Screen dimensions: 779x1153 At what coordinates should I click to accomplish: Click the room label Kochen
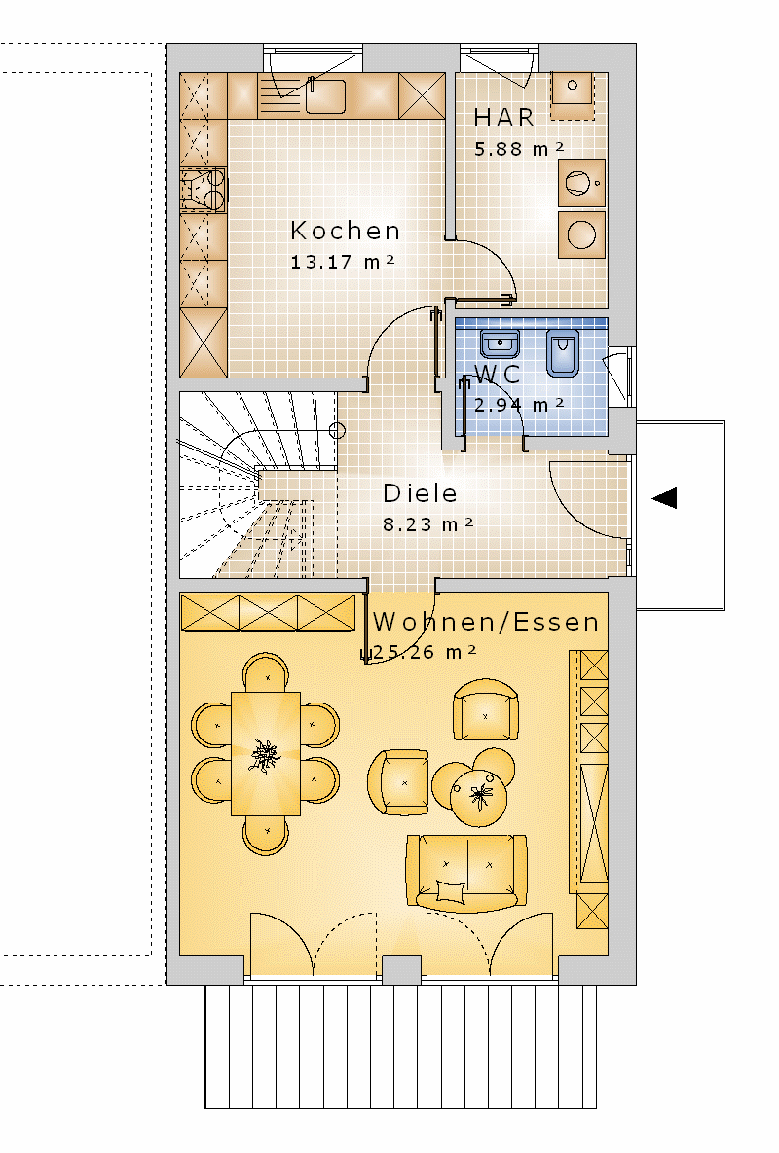(x=345, y=231)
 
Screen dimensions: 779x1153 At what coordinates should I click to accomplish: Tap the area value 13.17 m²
(x=343, y=262)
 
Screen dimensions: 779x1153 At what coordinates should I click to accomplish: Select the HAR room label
(x=503, y=118)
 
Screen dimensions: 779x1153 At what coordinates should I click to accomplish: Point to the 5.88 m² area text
(x=519, y=149)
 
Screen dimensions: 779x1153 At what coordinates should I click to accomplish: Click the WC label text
(x=498, y=375)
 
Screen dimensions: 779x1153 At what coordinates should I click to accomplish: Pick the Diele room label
(x=420, y=492)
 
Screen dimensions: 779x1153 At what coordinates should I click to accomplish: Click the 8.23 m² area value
(x=428, y=524)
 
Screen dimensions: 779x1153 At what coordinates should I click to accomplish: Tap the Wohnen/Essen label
(x=486, y=622)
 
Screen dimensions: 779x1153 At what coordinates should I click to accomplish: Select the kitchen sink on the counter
(x=326, y=95)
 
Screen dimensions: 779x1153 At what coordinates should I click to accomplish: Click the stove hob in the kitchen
(x=204, y=191)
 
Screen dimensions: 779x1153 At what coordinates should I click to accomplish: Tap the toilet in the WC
(x=563, y=352)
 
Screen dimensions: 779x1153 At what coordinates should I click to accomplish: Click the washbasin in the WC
(x=501, y=342)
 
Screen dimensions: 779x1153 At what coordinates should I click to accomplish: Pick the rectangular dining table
(x=266, y=754)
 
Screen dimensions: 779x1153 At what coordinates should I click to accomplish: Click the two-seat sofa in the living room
(x=466, y=873)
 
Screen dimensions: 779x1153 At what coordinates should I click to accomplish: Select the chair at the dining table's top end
(x=266, y=673)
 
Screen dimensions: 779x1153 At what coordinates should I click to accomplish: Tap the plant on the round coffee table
(x=480, y=795)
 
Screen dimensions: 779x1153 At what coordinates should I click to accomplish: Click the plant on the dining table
(x=265, y=755)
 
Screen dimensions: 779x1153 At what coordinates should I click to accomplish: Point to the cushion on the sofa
(x=451, y=890)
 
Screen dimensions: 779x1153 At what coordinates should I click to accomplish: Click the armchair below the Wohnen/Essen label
(x=486, y=709)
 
